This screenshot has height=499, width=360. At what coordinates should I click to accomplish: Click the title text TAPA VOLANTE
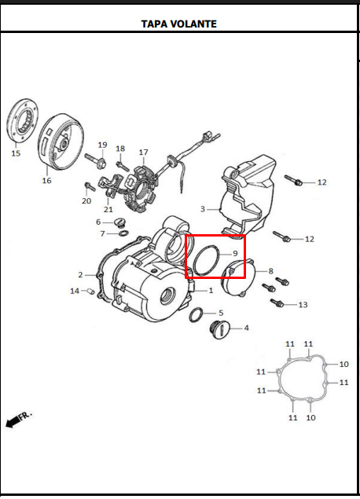(x=178, y=24)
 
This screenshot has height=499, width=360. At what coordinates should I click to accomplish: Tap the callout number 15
(x=16, y=153)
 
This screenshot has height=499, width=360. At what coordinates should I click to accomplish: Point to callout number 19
(x=102, y=145)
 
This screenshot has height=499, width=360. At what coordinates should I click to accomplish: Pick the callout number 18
(x=120, y=149)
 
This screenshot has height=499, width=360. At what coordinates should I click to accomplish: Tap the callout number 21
(x=108, y=209)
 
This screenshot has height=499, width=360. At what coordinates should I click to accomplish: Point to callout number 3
(x=202, y=209)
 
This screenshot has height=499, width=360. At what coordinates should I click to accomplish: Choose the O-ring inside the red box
(x=207, y=260)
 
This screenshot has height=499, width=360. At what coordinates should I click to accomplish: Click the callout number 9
(x=234, y=253)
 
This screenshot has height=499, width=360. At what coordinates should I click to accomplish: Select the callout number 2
(x=80, y=274)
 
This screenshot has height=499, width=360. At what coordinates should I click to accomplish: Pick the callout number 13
(x=303, y=304)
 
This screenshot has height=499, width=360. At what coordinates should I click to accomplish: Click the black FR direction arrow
(x=13, y=423)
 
